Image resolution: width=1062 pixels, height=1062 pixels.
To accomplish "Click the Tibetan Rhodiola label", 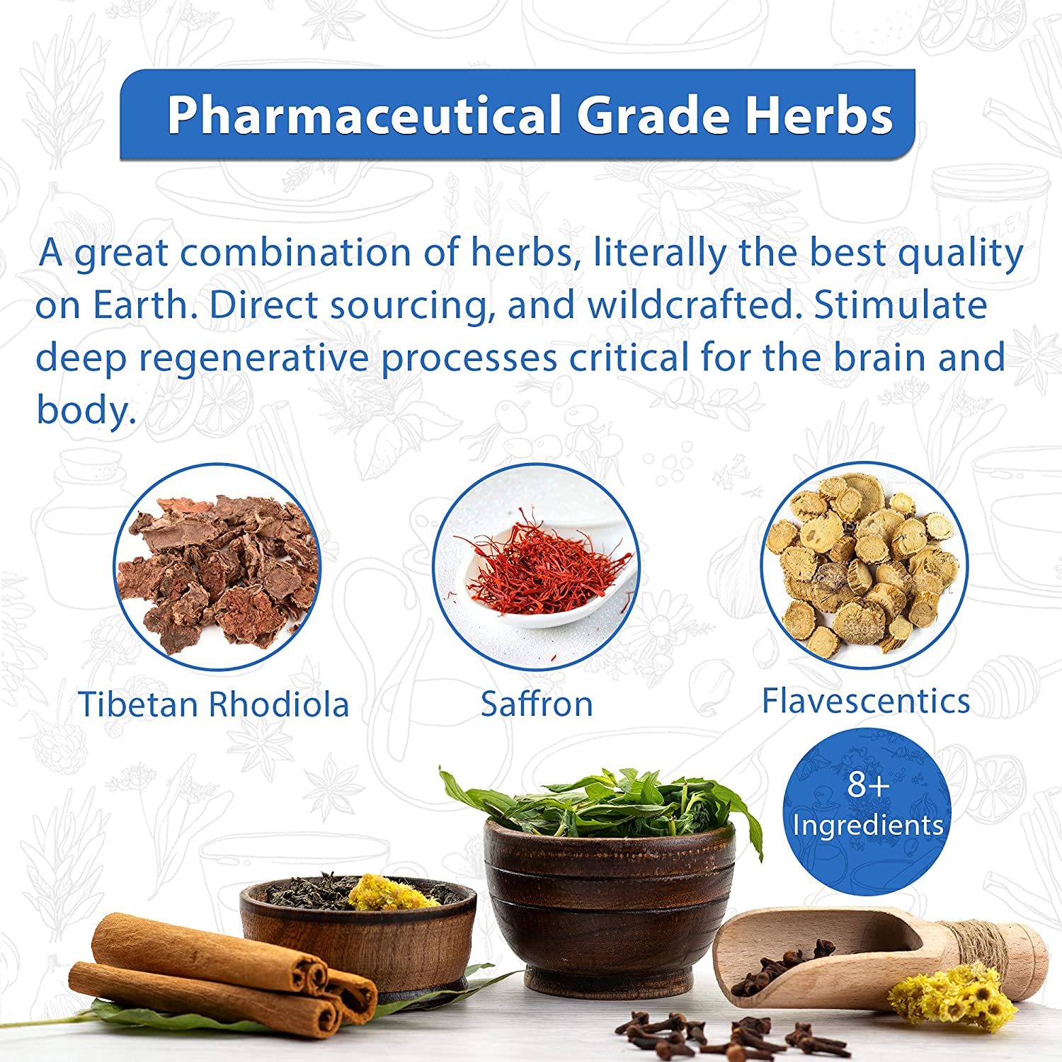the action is [x=214, y=704].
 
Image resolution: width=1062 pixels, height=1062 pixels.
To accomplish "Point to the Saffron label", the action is [x=537, y=704].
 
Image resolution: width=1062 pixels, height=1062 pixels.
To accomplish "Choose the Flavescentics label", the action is [x=866, y=701].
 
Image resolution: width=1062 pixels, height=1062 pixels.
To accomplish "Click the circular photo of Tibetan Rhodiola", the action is [x=217, y=567].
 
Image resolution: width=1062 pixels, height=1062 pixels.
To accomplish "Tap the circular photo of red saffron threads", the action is [x=536, y=567].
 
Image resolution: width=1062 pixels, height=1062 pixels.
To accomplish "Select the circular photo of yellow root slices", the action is [x=864, y=566].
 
